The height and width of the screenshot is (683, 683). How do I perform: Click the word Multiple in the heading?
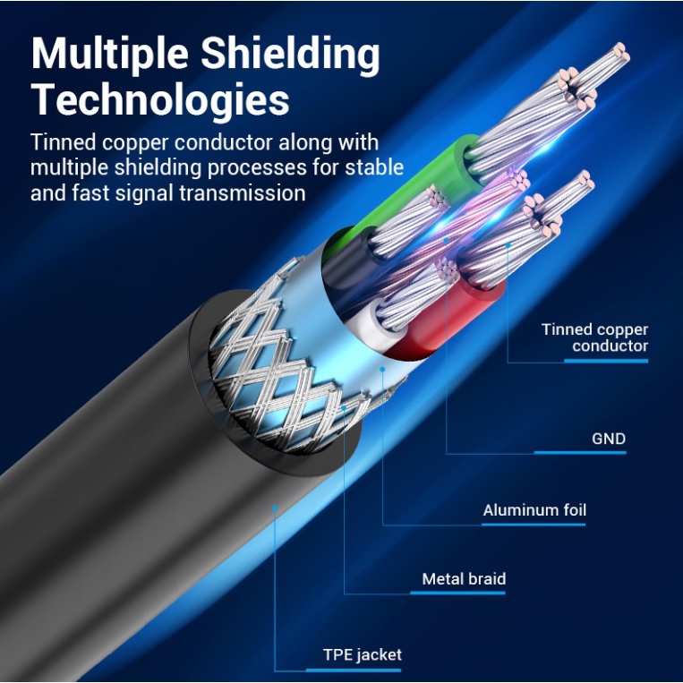coord(107,55)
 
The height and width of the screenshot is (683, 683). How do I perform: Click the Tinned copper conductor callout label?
coord(594,337)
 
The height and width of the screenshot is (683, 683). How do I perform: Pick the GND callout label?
coord(609,439)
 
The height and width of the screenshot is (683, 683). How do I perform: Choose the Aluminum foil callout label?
coord(534,510)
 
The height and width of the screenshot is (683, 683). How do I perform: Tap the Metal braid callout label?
coord(464,579)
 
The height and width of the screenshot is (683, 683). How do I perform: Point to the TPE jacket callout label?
coord(363,654)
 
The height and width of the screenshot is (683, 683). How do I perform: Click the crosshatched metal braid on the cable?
coord(269,358)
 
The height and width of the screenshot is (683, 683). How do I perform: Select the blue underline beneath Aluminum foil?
coord(534,525)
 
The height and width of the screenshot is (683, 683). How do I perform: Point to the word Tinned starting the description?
coord(59,142)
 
